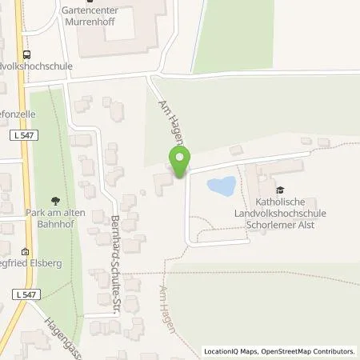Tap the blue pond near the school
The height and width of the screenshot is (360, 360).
point(221,187)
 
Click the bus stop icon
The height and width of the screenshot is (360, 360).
point(28,55)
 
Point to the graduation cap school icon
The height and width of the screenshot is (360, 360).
point(280,190)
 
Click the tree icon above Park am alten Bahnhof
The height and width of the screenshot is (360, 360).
point(54,202)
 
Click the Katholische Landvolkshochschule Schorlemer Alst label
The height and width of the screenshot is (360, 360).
point(273,213)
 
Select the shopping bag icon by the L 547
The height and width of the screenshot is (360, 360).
point(25,250)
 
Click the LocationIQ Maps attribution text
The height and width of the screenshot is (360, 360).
point(228,351)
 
